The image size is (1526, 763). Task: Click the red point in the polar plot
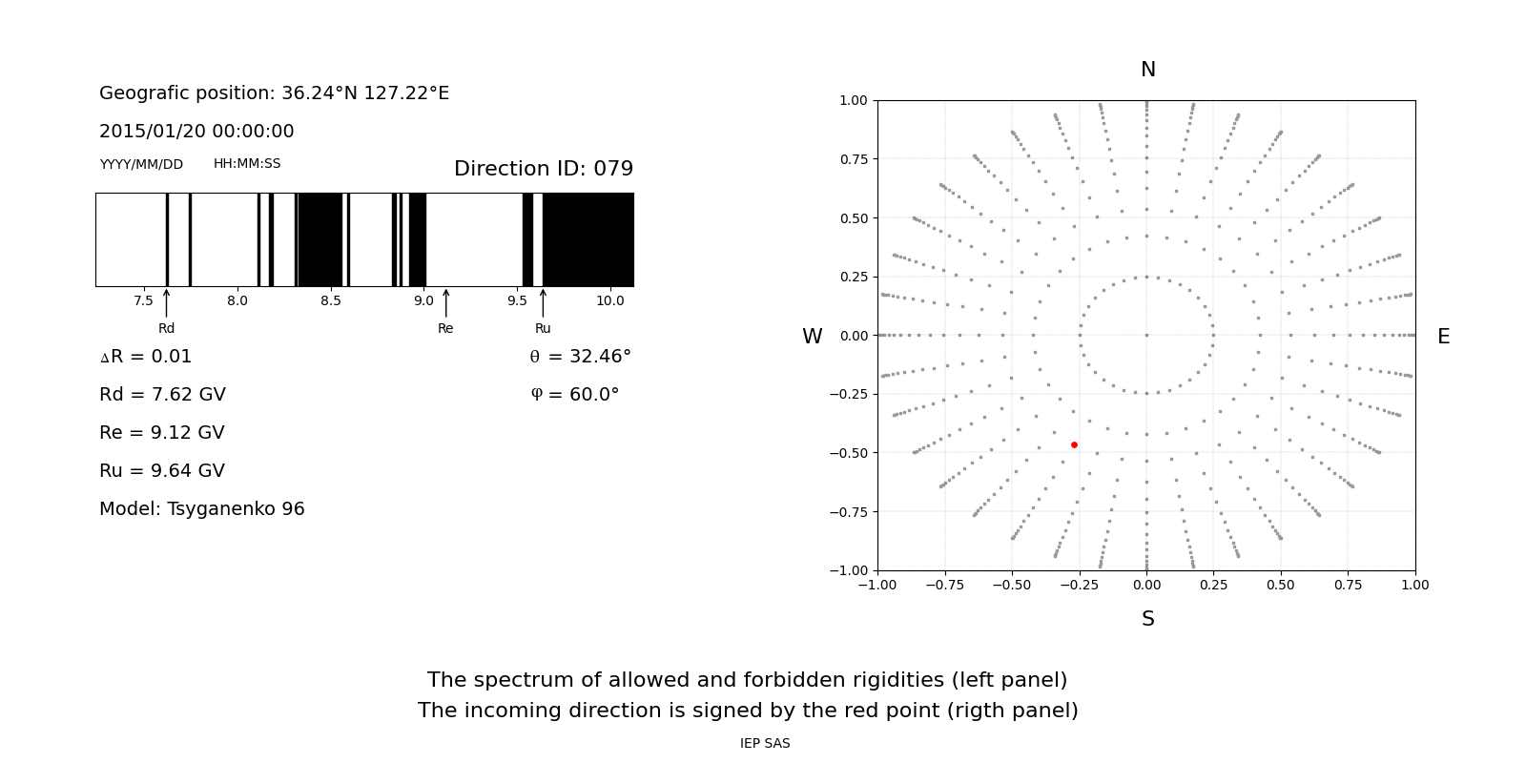point(1074,444)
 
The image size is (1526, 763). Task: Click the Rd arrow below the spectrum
point(166,303)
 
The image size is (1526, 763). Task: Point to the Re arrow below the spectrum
point(445,303)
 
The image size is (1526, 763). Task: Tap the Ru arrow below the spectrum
point(543,303)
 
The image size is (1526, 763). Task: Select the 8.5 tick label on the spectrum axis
point(330,300)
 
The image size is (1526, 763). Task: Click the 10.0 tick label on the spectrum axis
point(609,300)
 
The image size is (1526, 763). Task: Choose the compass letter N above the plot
point(1147,70)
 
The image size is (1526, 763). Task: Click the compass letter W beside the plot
point(812,337)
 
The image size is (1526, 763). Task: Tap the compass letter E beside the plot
point(1443,337)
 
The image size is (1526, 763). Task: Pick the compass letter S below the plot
point(1147,619)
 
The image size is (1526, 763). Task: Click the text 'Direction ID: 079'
point(543,169)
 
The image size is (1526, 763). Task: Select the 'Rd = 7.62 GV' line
point(162,395)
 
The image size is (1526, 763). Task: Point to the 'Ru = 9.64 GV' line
point(162,471)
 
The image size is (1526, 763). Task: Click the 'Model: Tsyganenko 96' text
point(202,509)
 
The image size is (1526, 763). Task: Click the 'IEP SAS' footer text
point(765,743)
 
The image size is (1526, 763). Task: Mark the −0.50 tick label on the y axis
point(848,453)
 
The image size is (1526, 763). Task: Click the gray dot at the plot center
point(1146,335)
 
